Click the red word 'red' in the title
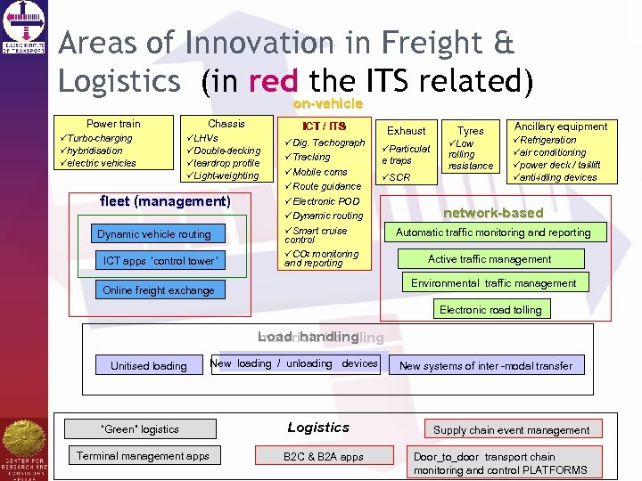(x=273, y=81)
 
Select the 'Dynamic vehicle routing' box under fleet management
(x=154, y=234)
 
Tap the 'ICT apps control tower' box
(x=160, y=261)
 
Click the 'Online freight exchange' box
(x=159, y=290)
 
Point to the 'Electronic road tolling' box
(x=490, y=310)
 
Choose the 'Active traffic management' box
(x=490, y=259)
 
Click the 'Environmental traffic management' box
(x=493, y=283)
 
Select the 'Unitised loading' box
(x=149, y=365)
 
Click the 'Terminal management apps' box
(x=143, y=456)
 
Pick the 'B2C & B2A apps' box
(x=324, y=457)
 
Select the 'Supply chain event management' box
(x=511, y=430)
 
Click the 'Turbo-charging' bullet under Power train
(x=97, y=139)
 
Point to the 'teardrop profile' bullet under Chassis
(x=226, y=163)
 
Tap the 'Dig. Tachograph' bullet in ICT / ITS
(x=328, y=143)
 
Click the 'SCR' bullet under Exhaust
(x=399, y=177)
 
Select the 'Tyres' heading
(x=470, y=131)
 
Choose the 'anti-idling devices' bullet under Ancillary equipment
(x=558, y=177)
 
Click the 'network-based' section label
(x=493, y=213)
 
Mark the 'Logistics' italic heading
(x=318, y=428)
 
